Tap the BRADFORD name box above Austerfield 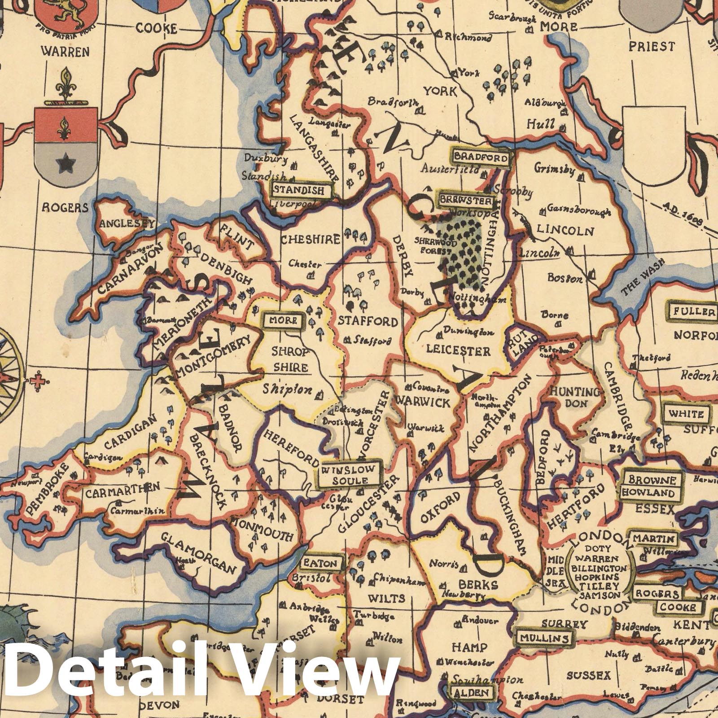(x=481, y=158)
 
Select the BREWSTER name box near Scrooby (x=466, y=200)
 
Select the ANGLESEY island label (x=127, y=223)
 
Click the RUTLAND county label (x=523, y=344)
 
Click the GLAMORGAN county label (x=198, y=552)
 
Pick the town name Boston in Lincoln (x=565, y=278)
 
